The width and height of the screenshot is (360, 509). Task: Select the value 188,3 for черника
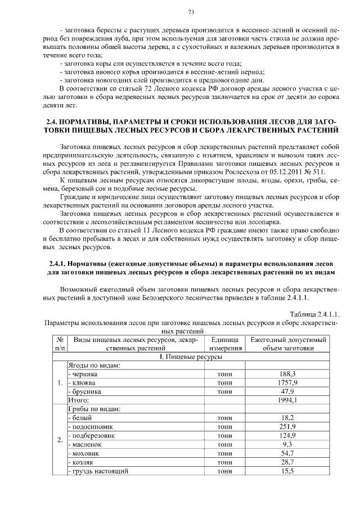[x=287, y=374]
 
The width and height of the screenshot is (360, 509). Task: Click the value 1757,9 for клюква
[x=287, y=382]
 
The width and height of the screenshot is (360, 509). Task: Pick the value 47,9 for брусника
[x=287, y=391]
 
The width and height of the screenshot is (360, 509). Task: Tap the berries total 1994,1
[x=287, y=400]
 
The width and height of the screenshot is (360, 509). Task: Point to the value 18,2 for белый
[x=287, y=418]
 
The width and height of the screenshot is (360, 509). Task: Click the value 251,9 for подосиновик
[x=287, y=426]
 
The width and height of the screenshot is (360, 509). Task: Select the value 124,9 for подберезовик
[x=287, y=435]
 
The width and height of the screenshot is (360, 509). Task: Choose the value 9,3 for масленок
[x=287, y=444]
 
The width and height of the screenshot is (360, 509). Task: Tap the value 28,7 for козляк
[x=287, y=462]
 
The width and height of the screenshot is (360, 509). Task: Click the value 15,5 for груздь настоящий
[x=287, y=471]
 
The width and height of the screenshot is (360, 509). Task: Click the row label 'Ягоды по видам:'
[x=93, y=365]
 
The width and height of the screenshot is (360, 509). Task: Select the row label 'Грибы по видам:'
[x=93, y=409]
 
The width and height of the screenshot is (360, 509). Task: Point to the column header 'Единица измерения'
[x=225, y=344]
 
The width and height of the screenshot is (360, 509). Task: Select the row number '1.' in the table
[x=59, y=382]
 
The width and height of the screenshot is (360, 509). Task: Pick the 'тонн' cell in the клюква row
[x=225, y=382]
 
